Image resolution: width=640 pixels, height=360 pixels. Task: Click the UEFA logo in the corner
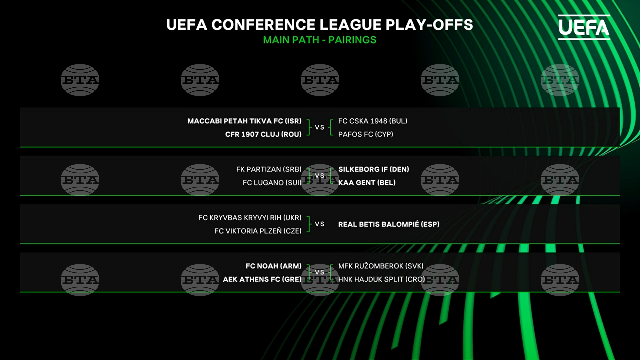tap(584, 27)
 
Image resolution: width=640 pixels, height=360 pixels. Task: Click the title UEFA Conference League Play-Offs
tap(320, 25)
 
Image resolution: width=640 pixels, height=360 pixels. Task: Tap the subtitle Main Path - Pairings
tap(320, 40)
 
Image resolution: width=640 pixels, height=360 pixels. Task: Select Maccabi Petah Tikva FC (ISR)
tap(244, 121)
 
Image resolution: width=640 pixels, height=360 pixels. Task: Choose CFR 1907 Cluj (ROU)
tap(263, 134)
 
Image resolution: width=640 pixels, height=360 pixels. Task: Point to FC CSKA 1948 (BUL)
tap(373, 121)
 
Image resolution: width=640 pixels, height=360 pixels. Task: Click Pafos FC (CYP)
tap(366, 134)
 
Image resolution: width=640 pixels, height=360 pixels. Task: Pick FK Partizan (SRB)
tap(269, 169)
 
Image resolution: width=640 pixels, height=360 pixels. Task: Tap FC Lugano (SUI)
tap(272, 183)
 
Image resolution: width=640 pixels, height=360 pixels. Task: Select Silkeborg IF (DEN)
tap(374, 169)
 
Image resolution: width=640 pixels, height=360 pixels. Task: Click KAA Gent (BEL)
tap(367, 183)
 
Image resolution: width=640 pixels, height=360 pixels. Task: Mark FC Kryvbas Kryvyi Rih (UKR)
tap(250, 218)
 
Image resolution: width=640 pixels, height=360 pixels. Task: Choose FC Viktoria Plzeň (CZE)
tap(258, 231)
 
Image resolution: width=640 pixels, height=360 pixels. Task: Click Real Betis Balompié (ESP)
tap(389, 224)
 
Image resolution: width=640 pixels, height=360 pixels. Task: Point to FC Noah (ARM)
tap(273, 266)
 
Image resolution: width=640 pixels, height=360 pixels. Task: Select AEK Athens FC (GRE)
tap(262, 279)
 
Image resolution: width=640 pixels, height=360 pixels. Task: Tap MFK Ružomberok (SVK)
tap(381, 266)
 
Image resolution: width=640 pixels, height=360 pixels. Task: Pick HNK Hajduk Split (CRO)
tap(382, 279)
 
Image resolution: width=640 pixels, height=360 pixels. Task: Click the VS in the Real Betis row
tap(320, 224)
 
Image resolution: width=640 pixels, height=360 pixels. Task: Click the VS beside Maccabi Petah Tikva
tap(320, 127)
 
